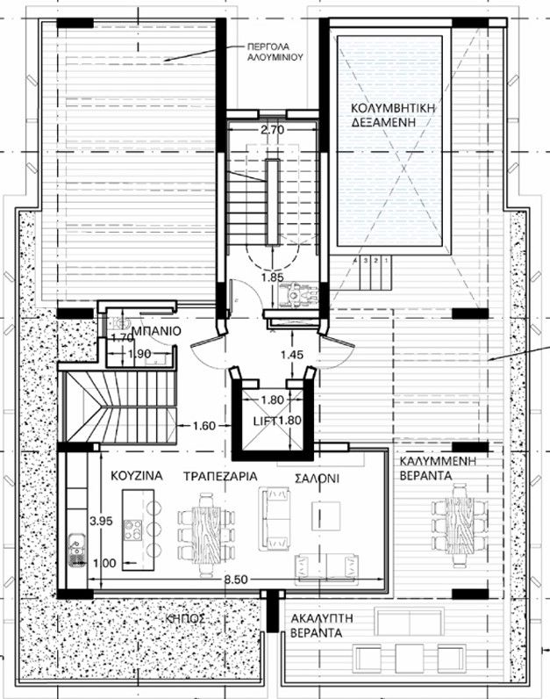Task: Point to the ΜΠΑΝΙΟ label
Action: pos(159,333)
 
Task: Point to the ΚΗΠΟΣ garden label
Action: pos(185,618)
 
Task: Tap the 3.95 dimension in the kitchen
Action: pos(104,521)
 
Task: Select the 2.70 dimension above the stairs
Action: pos(272,132)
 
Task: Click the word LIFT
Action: pos(263,422)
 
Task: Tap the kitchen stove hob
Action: pos(134,530)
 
